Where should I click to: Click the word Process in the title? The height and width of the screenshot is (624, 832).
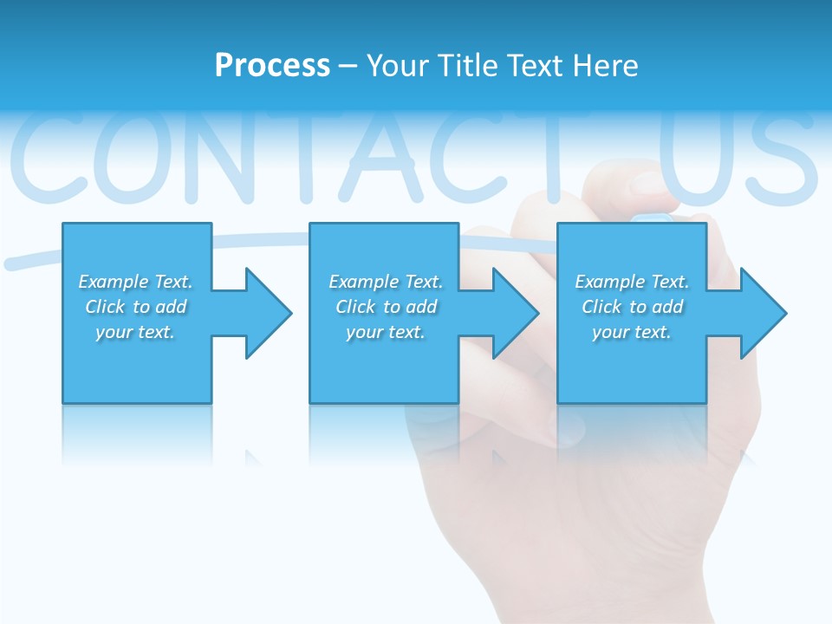click(x=272, y=66)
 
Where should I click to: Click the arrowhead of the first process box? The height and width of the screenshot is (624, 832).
click(x=269, y=313)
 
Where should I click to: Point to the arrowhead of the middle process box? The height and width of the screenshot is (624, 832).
click(x=516, y=313)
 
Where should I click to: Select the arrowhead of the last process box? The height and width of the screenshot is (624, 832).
click(x=764, y=313)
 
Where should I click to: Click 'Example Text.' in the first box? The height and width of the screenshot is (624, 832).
click(x=135, y=282)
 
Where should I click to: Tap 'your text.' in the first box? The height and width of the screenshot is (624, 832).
click(x=135, y=332)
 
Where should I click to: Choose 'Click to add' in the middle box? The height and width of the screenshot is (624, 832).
click(x=386, y=307)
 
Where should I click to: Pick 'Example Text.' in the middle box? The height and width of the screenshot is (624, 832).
click(x=386, y=282)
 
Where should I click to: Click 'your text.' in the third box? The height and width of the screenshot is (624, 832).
click(x=632, y=332)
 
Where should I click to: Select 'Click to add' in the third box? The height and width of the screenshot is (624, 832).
click(x=632, y=307)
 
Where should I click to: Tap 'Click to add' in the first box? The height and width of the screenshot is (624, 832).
click(x=135, y=307)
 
